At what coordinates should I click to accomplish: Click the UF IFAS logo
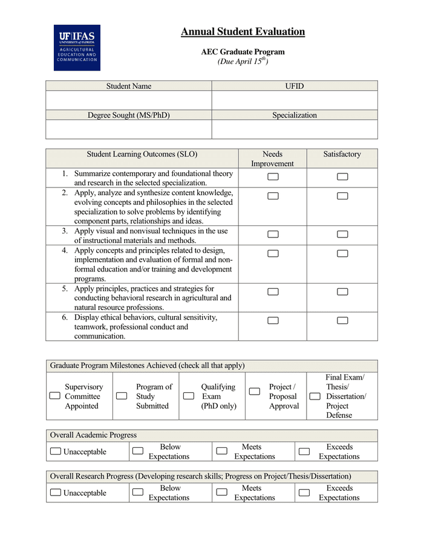[77, 48]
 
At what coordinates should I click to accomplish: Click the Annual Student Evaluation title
[243, 32]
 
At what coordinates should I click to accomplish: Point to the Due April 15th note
[243, 62]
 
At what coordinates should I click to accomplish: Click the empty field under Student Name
[128, 100]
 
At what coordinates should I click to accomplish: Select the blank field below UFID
[294, 100]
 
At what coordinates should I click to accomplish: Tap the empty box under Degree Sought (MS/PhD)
[128, 129]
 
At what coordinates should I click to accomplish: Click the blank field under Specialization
[294, 129]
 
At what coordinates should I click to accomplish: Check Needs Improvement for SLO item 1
[273, 176]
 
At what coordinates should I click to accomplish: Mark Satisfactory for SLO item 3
[342, 235]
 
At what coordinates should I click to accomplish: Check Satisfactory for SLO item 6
[342, 320]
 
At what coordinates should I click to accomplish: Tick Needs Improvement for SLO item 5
[273, 292]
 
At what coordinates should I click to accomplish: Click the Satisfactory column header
[342, 155]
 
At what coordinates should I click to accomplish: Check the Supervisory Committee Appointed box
[55, 396]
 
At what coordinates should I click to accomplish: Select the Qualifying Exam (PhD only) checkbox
[189, 396]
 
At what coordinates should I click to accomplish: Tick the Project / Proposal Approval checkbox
[255, 392]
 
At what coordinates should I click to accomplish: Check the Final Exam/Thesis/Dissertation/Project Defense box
[315, 396]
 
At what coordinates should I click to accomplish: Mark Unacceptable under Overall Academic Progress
[56, 452]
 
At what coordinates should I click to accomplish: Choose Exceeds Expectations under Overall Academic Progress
[304, 452]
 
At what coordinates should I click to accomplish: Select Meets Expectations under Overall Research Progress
[221, 492]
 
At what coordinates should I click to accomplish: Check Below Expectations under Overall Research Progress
[138, 492]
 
